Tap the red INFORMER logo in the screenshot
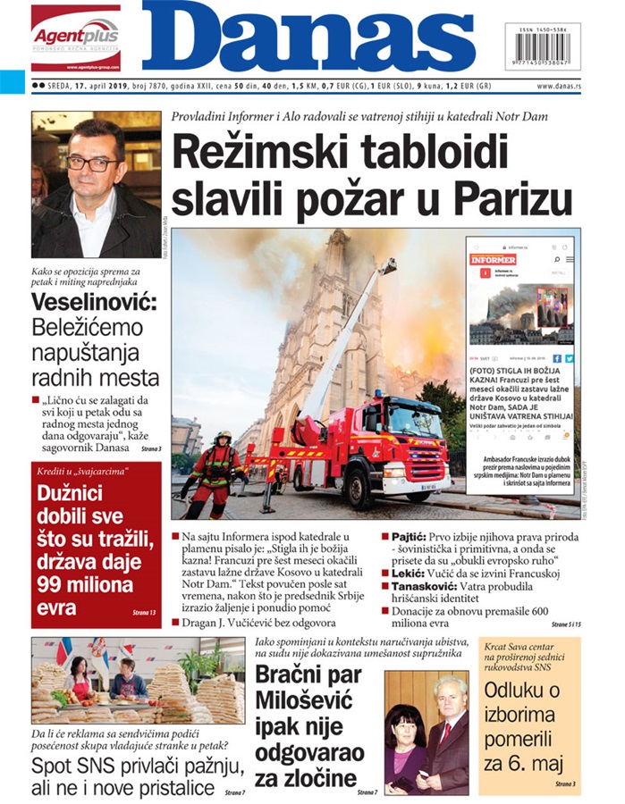494,258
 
